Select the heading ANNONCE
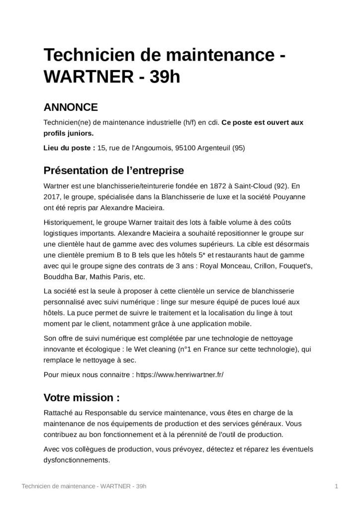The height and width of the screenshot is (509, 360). point(71,107)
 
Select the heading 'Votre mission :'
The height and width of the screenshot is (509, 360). point(82,398)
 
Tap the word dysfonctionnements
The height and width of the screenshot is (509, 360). point(77,460)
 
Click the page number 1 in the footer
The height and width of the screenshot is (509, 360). point(337,485)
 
